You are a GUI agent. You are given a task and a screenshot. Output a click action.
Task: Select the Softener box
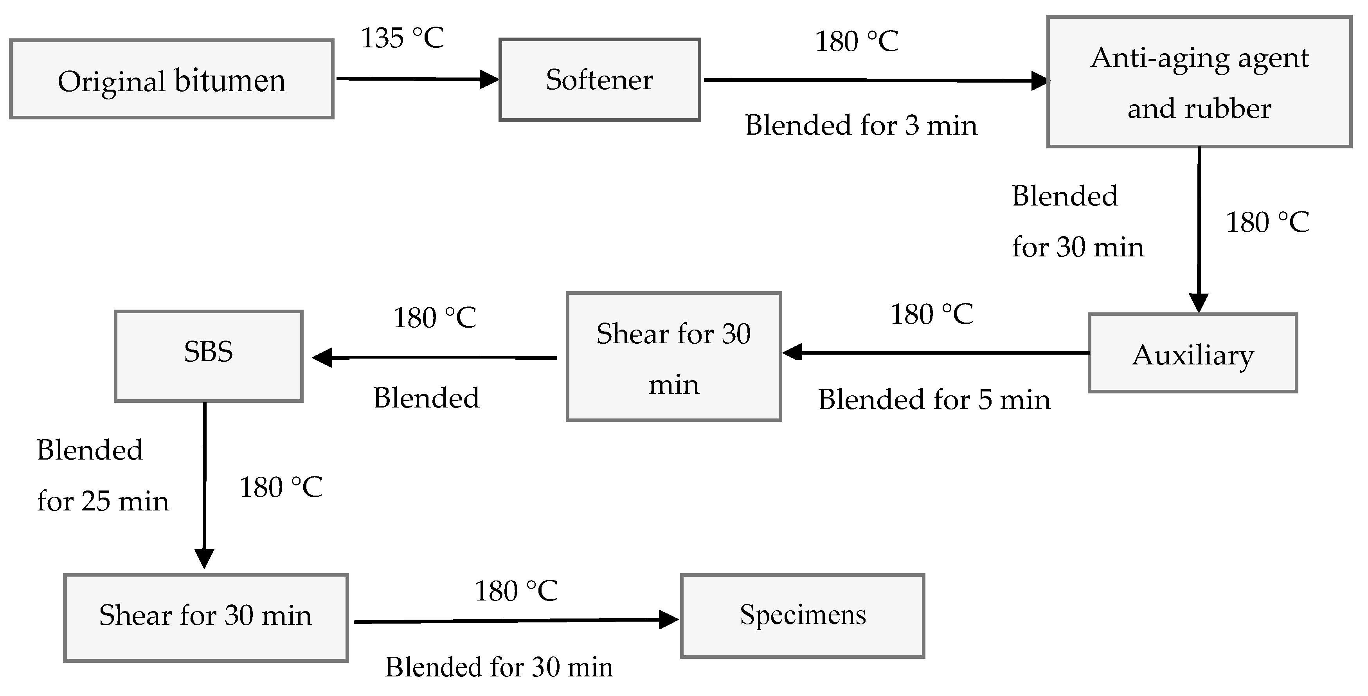599,80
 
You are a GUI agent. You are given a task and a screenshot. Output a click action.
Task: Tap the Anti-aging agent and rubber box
1199,82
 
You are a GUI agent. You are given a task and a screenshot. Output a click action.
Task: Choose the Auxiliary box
1193,353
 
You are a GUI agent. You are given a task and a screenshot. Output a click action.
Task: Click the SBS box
209,356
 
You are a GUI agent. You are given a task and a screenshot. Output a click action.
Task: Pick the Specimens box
803,616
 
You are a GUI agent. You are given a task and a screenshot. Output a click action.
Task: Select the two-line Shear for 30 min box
673,357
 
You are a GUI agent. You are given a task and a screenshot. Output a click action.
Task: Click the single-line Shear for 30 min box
205,617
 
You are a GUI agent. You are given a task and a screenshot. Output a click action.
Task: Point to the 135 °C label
402,38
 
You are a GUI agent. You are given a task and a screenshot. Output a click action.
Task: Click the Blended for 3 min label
861,125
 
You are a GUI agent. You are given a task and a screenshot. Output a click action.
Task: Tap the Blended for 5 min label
934,400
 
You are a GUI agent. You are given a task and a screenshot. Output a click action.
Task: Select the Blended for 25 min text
102,476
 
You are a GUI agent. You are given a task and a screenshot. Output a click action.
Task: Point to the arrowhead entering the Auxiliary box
1199,303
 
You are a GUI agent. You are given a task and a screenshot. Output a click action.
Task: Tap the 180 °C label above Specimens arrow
516,591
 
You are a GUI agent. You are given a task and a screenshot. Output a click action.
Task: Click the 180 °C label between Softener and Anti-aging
857,41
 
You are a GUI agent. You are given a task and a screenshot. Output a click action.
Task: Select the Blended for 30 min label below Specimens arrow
498,667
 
